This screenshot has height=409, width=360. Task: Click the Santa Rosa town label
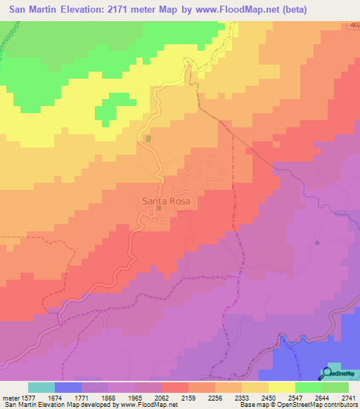click(167, 200)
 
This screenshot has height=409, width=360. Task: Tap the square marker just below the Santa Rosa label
click(159, 208)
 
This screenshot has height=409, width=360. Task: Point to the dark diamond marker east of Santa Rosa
click(317, 242)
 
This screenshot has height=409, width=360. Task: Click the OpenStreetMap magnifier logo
click(328, 372)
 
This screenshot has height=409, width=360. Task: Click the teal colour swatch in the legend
click(41, 387)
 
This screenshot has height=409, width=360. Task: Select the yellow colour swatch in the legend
click(281, 387)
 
